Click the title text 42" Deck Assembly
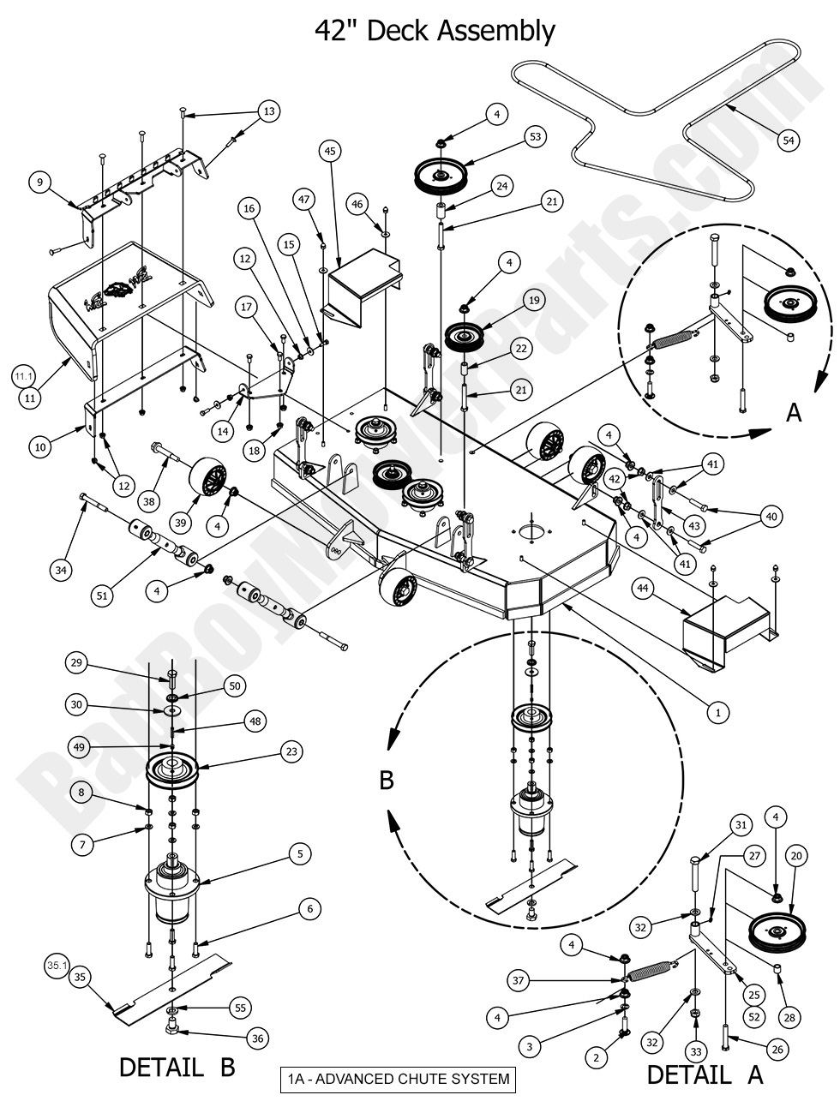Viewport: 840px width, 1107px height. pos(435,31)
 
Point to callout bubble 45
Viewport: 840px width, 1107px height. pos(329,151)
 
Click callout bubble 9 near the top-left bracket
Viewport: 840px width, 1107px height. pos(39,182)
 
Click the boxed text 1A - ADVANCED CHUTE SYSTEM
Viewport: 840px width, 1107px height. pos(399,1079)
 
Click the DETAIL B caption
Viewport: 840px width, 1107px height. pos(177,1068)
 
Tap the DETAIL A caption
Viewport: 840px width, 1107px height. pos(705,1074)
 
